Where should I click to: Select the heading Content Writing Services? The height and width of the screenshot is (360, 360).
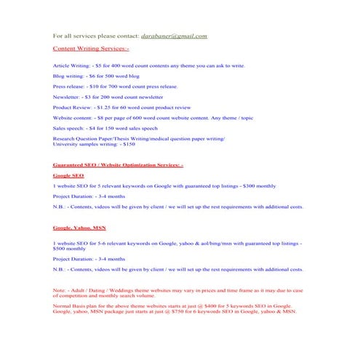tap(91, 49)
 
